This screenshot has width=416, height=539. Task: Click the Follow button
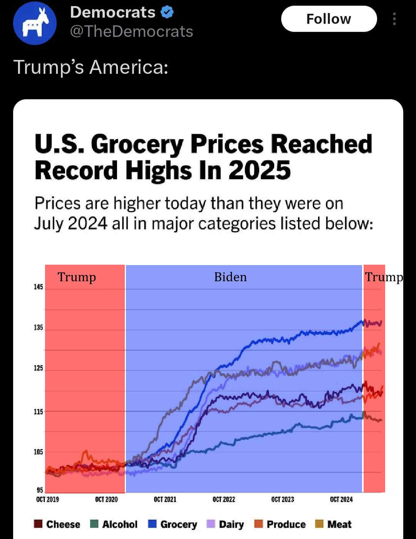point(329,19)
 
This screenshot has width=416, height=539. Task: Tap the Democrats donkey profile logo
point(35,23)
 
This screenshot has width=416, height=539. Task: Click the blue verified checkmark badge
point(167,12)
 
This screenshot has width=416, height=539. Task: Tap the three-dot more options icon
point(394,19)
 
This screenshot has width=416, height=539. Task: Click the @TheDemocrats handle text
point(131,32)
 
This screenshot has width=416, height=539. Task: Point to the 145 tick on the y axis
point(38,287)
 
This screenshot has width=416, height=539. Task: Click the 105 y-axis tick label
point(38,452)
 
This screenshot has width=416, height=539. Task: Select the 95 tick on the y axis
point(40,490)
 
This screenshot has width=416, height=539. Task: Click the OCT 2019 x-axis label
point(47,499)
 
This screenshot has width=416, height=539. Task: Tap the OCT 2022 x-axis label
point(224,499)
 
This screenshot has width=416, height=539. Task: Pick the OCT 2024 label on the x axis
point(341,499)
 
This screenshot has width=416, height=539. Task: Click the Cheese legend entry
point(57,524)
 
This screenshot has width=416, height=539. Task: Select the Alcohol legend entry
point(114,524)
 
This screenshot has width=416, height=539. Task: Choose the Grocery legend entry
point(173,524)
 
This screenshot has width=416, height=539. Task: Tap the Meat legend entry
point(334,524)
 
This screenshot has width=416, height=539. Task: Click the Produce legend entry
point(280,524)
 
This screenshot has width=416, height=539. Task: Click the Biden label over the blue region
point(230,277)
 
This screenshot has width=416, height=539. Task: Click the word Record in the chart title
point(76,170)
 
